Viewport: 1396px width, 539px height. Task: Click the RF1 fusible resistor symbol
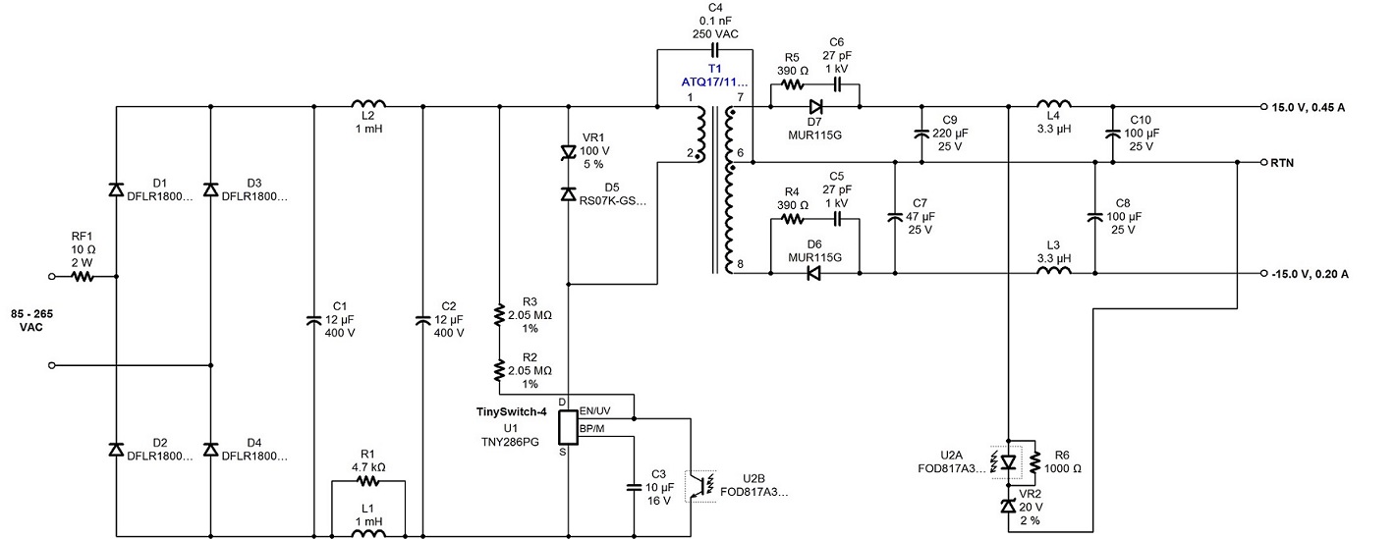click(x=83, y=276)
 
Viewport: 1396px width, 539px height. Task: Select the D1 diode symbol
click(x=116, y=189)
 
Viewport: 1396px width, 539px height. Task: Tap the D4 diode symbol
click(x=210, y=449)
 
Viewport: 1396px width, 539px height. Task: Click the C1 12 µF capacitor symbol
click(x=313, y=320)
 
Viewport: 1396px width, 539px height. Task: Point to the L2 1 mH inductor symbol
click(x=368, y=103)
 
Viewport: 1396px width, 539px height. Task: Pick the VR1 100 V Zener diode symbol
click(x=568, y=151)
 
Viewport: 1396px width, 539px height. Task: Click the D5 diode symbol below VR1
click(x=568, y=193)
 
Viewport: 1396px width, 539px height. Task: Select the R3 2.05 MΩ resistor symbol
click(x=499, y=315)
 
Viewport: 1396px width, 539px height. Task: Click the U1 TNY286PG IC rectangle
click(x=568, y=427)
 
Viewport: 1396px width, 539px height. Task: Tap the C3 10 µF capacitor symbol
click(x=634, y=487)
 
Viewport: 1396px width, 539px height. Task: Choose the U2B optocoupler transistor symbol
click(x=701, y=486)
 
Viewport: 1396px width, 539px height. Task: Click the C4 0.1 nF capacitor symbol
click(x=714, y=50)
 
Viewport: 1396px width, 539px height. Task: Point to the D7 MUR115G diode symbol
click(x=814, y=107)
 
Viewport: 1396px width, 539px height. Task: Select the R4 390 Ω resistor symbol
click(x=792, y=219)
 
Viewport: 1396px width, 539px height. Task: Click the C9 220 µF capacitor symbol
click(x=921, y=134)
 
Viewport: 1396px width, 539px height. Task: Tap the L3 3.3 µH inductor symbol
click(x=1054, y=269)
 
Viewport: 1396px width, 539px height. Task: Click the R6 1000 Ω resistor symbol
click(x=1034, y=462)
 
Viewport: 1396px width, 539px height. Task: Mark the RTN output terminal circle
click(x=1264, y=163)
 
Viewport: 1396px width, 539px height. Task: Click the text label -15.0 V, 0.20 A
click(x=1310, y=274)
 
